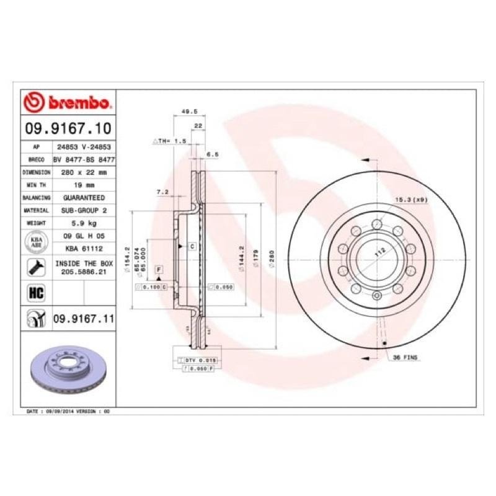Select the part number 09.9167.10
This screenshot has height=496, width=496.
click(x=68, y=128)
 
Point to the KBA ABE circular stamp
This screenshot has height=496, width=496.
click(x=35, y=242)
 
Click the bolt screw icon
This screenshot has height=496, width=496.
click(x=35, y=267)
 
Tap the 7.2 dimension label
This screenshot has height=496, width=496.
click(x=163, y=193)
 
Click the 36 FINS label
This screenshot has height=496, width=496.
click(x=406, y=358)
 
